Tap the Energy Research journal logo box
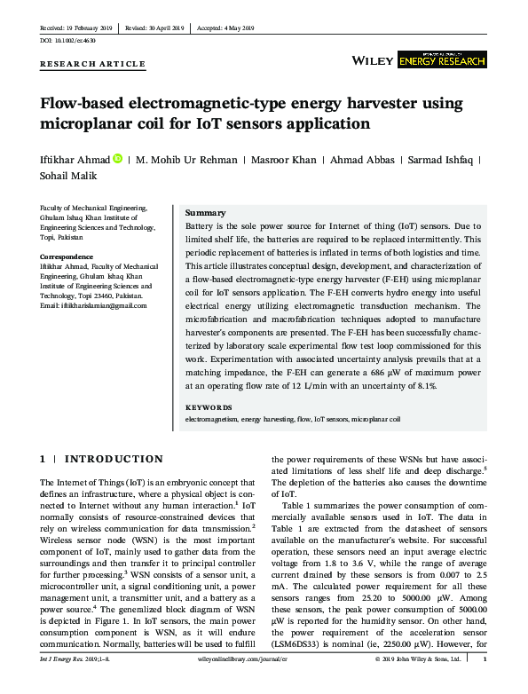441,59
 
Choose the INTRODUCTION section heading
114,459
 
